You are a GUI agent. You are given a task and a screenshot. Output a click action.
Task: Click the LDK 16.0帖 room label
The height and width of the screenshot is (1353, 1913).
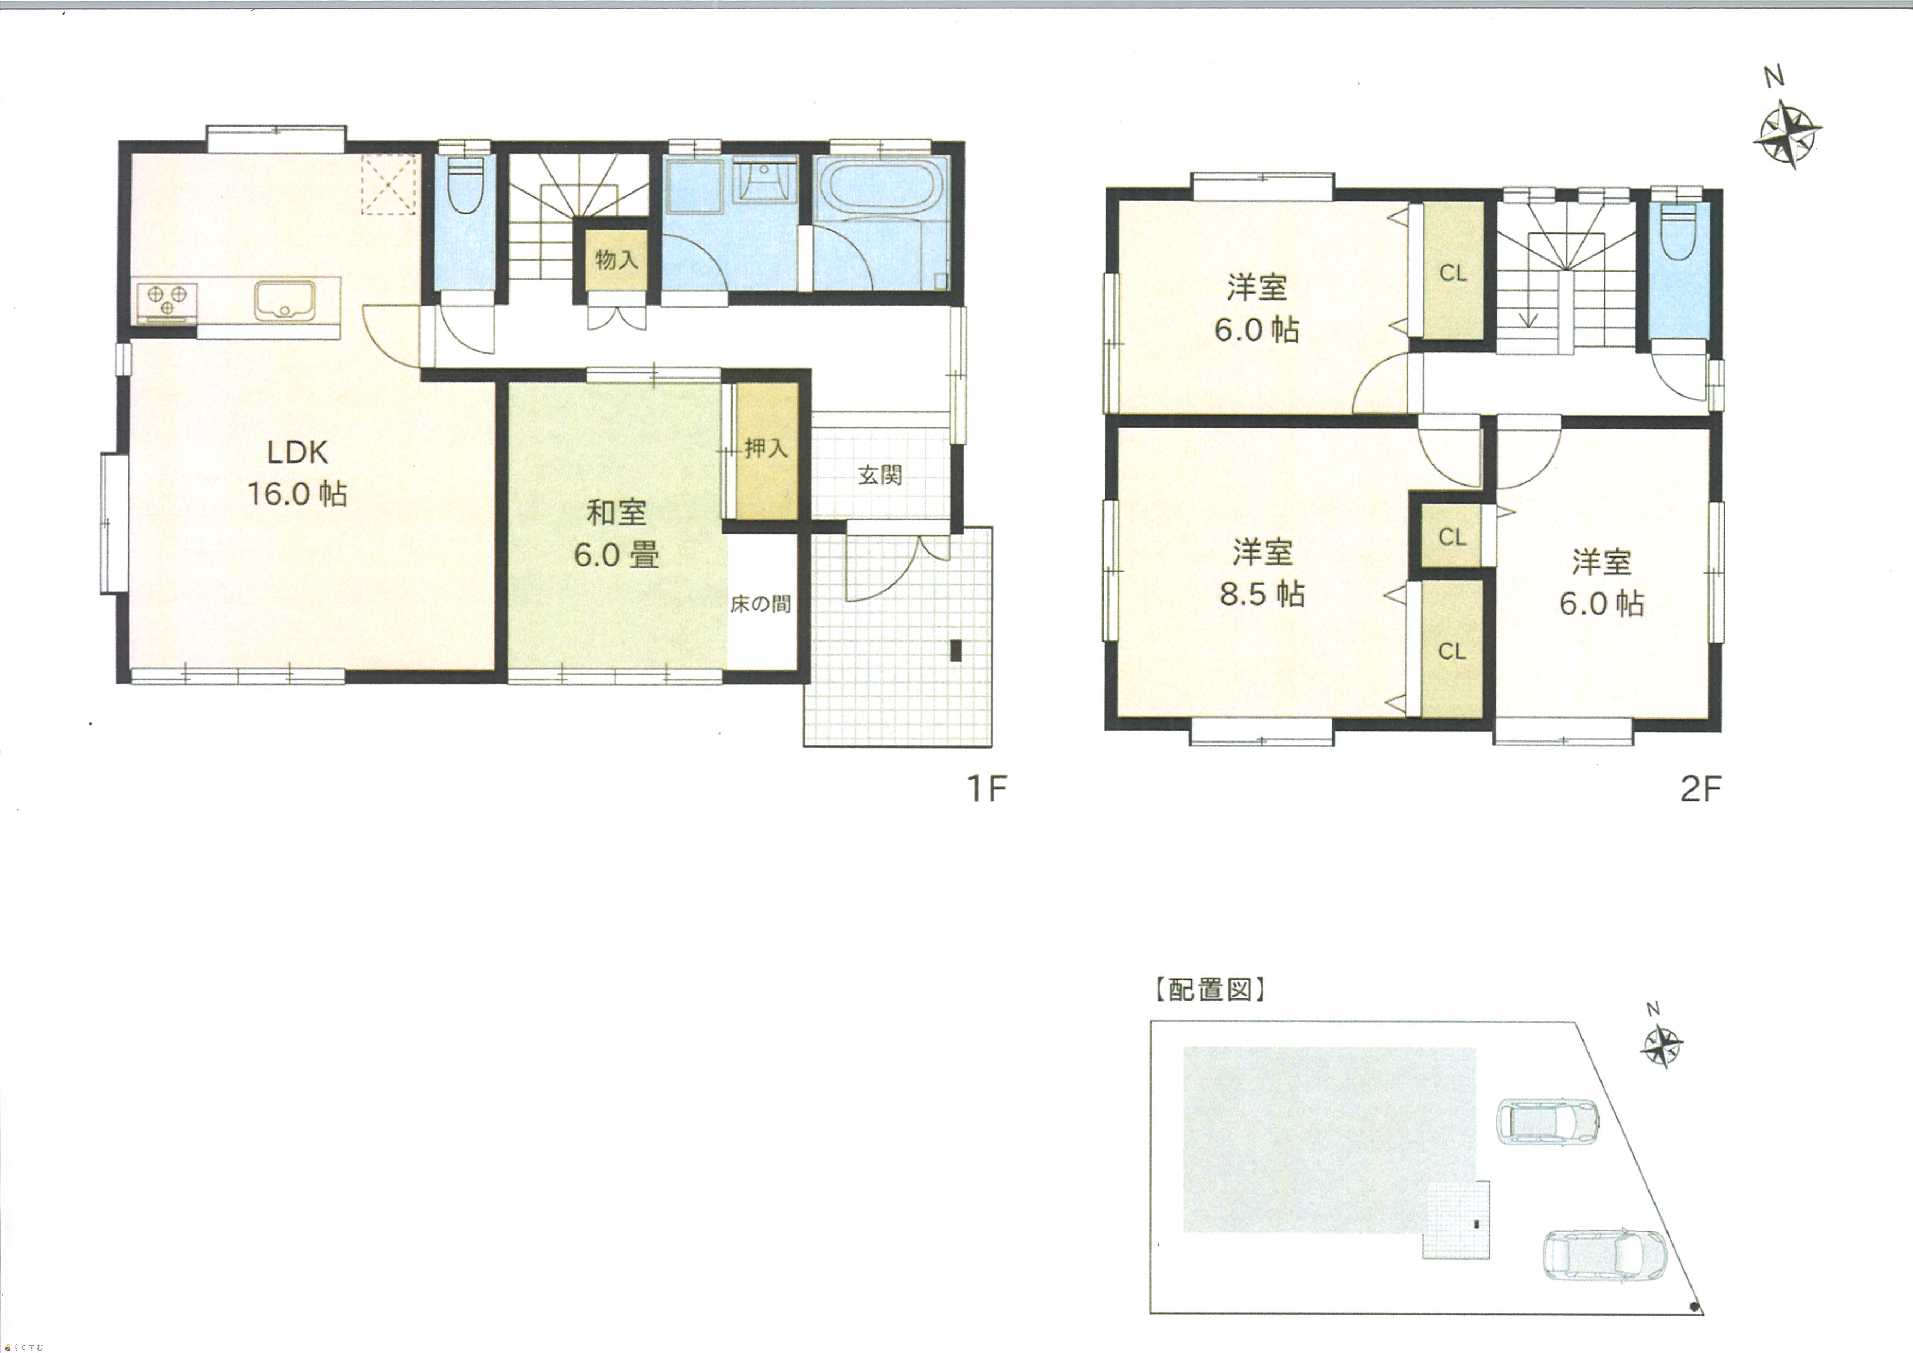coord(297,473)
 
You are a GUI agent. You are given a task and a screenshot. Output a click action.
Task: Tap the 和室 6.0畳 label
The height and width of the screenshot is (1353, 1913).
coord(616,533)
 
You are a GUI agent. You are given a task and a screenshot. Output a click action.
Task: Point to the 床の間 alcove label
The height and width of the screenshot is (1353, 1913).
coord(761,604)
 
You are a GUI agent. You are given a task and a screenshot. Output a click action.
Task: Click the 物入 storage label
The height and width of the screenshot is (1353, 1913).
coord(616,260)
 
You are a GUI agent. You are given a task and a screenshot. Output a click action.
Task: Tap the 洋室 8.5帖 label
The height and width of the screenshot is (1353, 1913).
coord(1262,573)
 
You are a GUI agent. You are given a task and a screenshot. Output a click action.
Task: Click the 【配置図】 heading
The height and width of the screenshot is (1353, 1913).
coord(1210,990)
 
